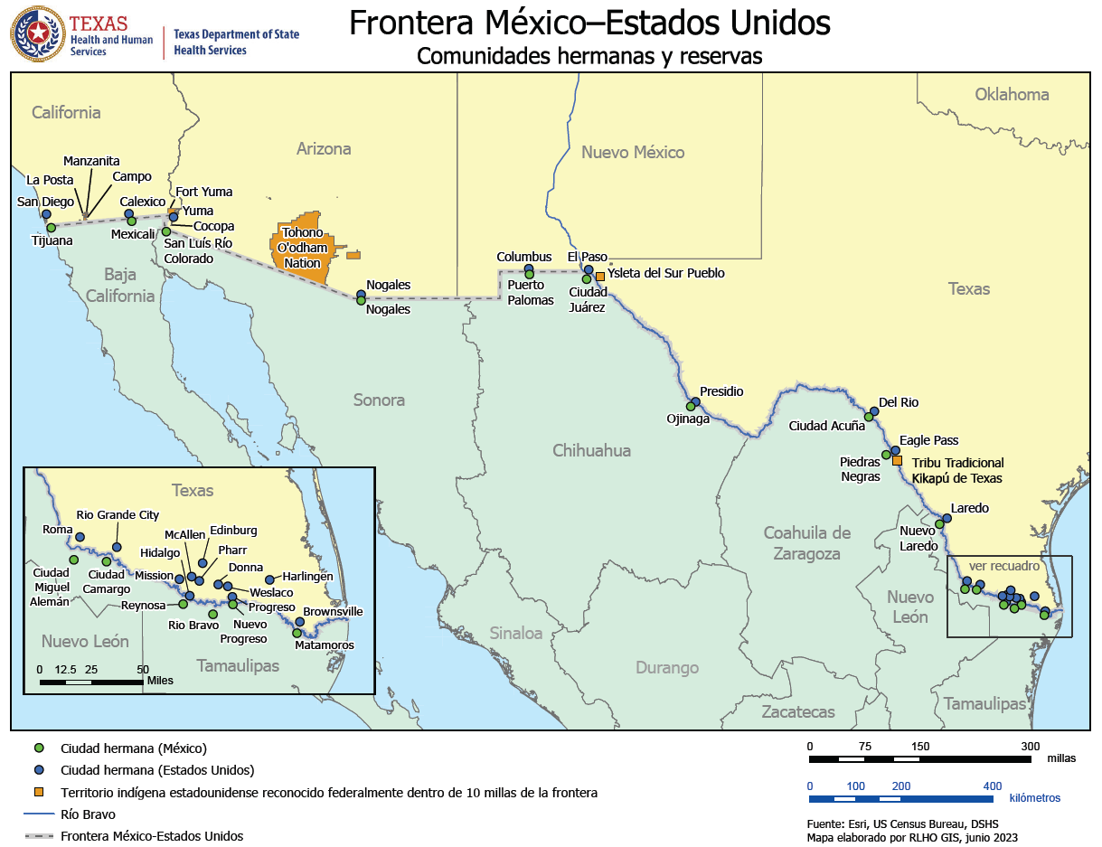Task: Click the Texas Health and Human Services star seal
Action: (x=37, y=33)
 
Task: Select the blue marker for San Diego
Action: (x=46, y=214)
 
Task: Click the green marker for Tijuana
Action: (x=51, y=228)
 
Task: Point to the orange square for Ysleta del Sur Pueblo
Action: (x=599, y=277)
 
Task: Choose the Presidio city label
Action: (x=721, y=391)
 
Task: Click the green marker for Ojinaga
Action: (x=691, y=406)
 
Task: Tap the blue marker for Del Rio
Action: (x=874, y=411)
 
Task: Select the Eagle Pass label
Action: (x=928, y=440)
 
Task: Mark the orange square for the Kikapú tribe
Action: (x=897, y=461)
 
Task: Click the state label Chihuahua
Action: (x=591, y=450)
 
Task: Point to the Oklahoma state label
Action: (x=1012, y=94)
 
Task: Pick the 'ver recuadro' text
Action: (x=1004, y=567)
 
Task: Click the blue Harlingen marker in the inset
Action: (x=269, y=579)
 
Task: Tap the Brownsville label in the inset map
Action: (x=333, y=612)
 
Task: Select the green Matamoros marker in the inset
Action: (x=297, y=633)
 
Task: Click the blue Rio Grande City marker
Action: (x=117, y=547)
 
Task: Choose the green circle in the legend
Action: (x=38, y=748)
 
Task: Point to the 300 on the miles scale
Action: (x=1031, y=747)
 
